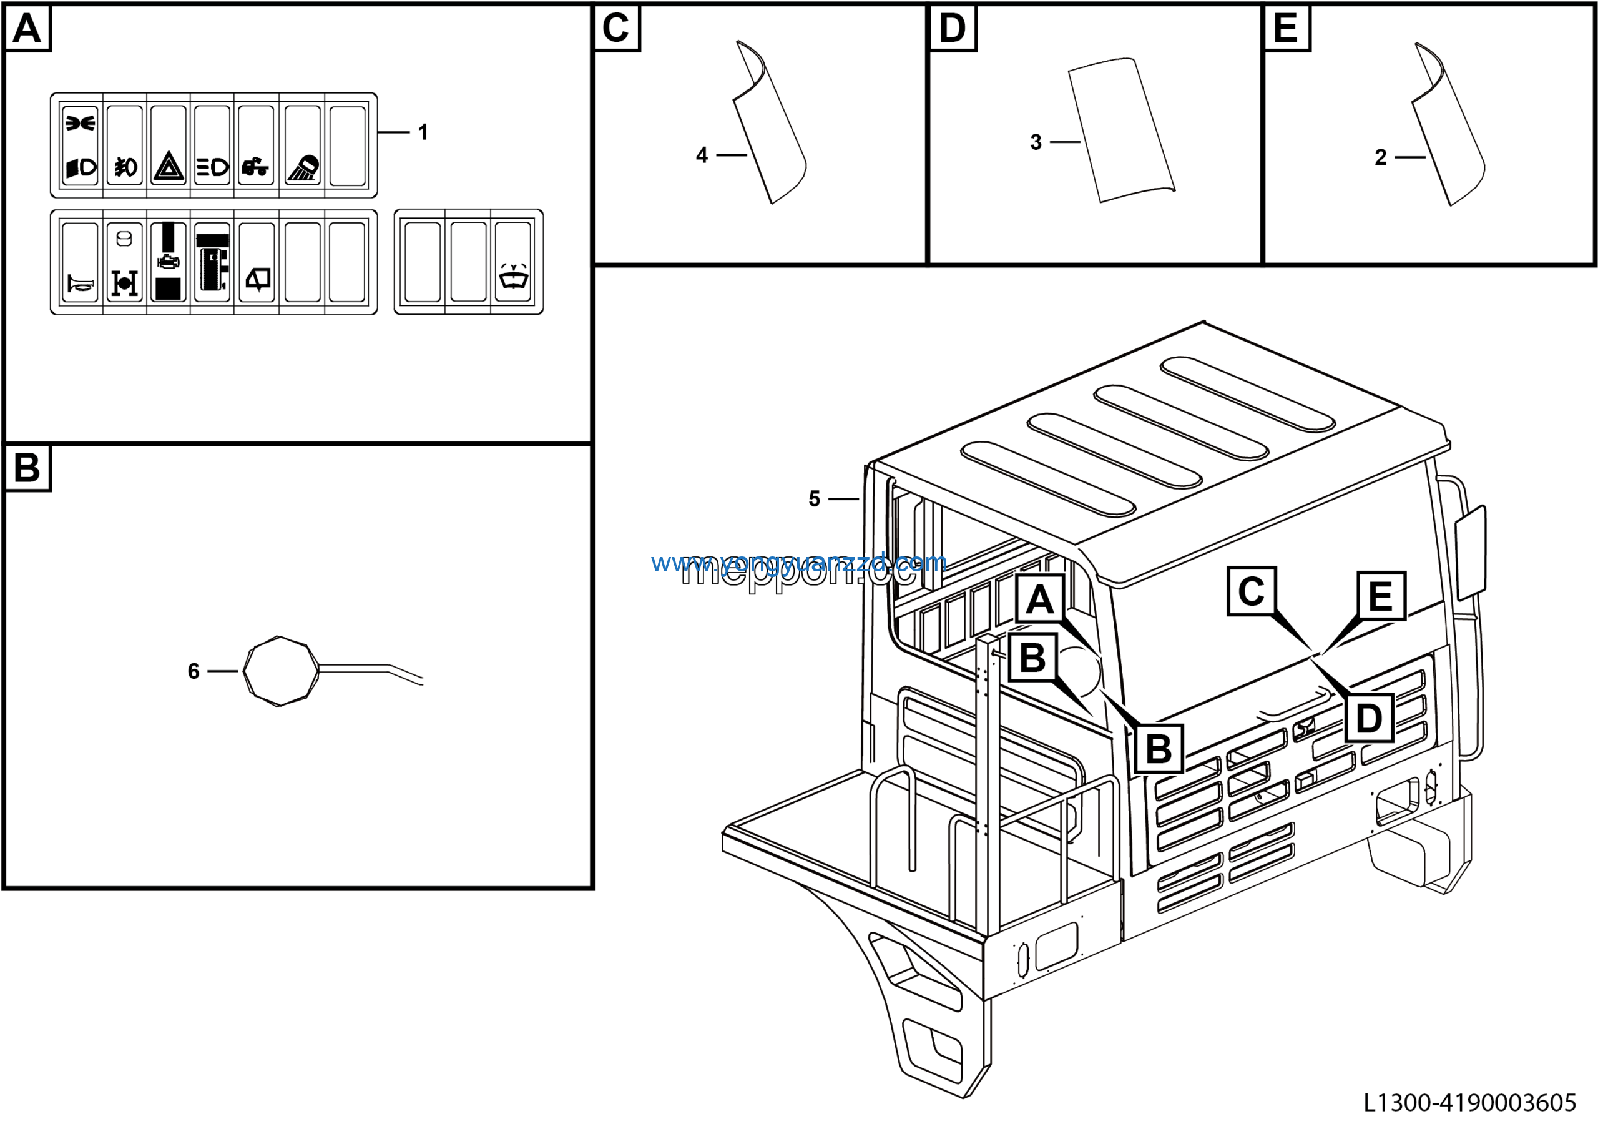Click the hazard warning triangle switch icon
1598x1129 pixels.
pyautogui.click(x=169, y=167)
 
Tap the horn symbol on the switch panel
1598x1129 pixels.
pyautogui.click(x=80, y=283)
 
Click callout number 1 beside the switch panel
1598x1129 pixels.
pyautogui.click(x=423, y=132)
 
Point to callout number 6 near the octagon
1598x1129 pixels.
pyautogui.click(x=194, y=671)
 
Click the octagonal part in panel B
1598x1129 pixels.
pyautogui.click(x=280, y=671)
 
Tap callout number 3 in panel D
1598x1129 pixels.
pyautogui.click(x=1036, y=142)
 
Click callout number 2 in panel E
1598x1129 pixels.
pyautogui.click(x=1381, y=157)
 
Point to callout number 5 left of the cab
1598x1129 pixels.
pyautogui.click(x=815, y=498)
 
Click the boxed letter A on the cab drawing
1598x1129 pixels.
pyautogui.click(x=1040, y=599)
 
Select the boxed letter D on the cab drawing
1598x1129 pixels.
pyautogui.click(x=1369, y=718)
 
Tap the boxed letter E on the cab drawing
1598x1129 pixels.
pyautogui.click(x=1381, y=596)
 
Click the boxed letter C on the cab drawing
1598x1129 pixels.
pyautogui.click(x=1252, y=591)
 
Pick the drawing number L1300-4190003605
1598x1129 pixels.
pyautogui.click(x=1469, y=1103)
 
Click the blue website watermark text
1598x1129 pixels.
pyautogui.click(x=798, y=563)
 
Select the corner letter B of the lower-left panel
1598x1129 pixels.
pyautogui.click(x=27, y=468)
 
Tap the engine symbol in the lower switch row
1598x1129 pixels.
pyautogui.click(x=169, y=262)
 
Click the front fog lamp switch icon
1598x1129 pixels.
pyautogui.click(x=125, y=167)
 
